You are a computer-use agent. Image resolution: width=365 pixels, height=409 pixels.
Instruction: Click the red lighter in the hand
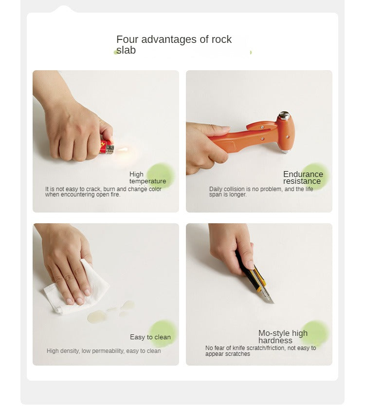pyautogui.click(x=107, y=147)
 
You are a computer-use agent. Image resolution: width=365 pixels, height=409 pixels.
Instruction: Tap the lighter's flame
pyautogui.click(x=122, y=150)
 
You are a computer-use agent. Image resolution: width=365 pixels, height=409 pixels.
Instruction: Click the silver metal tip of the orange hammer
pyautogui.click(x=284, y=116)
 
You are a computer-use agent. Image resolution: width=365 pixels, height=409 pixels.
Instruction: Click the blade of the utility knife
pyautogui.click(x=268, y=295)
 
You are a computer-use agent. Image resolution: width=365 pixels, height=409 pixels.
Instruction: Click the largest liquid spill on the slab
pyautogui.click(x=97, y=317)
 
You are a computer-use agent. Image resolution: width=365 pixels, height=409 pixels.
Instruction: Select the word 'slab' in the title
pyautogui.click(x=126, y=50)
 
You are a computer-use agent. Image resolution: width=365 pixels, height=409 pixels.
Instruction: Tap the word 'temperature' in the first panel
pyautogui.click(x=147, y=181)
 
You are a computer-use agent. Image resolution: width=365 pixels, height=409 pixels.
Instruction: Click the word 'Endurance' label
pyautogui.click(x=303, y=174)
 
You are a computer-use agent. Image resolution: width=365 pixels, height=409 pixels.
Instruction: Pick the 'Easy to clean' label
pyautogui.click(x=150, y=337)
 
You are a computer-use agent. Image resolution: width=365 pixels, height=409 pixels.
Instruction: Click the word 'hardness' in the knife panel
pyautogui.click(x=275, y=340)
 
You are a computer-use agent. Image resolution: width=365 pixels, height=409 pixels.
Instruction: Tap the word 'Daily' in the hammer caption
pyautogui.click(x=216, y=189)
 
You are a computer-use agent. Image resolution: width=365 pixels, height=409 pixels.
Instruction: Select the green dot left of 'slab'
pyautogui.click(x=116, y=53)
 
